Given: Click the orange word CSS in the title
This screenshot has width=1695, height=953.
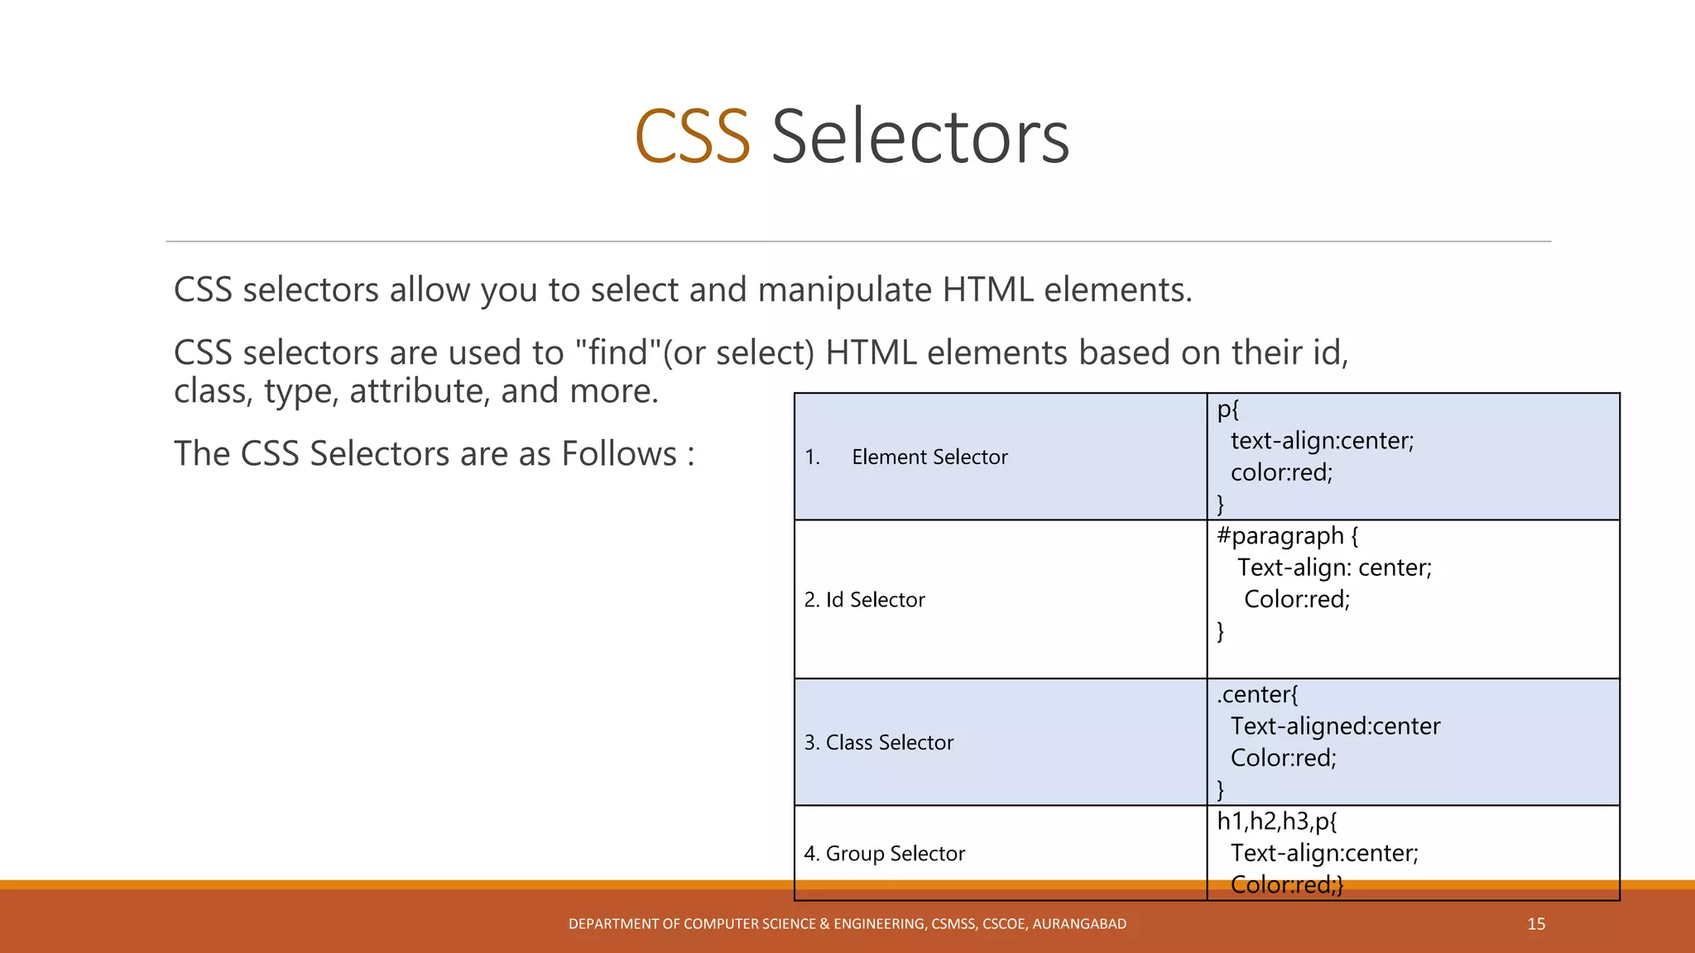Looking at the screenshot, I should [692, 136].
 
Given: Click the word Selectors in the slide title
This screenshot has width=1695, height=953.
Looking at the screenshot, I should [920, 136].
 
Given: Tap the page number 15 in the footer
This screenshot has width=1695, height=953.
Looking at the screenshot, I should [1536, 924].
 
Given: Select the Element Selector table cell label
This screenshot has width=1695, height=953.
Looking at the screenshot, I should [929, 457].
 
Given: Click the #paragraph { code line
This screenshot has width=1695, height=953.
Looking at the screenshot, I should [1287, 536].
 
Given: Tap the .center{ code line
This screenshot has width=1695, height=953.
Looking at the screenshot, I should [1257, 694].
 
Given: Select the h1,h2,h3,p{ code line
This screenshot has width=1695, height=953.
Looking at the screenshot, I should [1276, 821].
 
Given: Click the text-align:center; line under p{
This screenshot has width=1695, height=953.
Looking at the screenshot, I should [1322, 441].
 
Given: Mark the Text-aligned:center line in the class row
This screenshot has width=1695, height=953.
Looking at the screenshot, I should [1335, 726].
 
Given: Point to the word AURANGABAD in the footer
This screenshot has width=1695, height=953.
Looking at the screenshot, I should [1079, 924].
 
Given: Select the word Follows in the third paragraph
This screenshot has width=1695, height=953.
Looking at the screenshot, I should [619, 454].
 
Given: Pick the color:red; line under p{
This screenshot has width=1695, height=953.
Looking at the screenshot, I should [1281, 472].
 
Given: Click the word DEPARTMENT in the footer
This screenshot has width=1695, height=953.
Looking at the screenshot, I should [613, 924].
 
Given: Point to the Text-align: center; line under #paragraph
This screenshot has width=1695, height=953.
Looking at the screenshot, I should [1334, 567].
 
